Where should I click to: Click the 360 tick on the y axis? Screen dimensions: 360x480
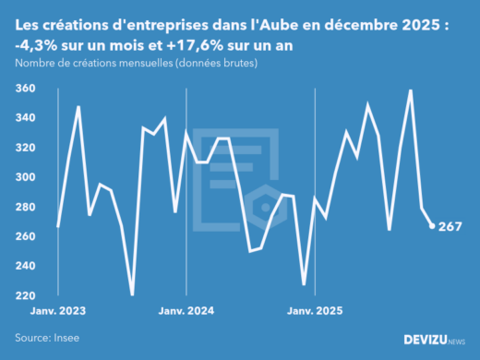tap(26, 89)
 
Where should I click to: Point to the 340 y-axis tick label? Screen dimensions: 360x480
tap(26, 118)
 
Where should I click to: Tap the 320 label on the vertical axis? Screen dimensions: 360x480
tap(26, 148)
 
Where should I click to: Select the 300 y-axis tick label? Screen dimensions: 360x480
tap(26, 177)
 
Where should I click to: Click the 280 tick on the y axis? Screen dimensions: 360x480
tap(26, 207)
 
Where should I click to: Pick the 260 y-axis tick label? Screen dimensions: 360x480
tap(26, 236)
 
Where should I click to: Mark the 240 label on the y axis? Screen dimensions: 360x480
tap(26, 266)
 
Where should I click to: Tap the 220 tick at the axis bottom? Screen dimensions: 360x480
tap(26, 295)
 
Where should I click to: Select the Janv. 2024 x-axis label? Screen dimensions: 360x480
tap(187, 312)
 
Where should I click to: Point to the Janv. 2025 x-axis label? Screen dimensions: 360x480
tap(316, 312)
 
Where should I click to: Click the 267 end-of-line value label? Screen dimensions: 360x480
tap(450, 226)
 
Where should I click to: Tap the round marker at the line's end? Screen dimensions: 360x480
tap(432, 226)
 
